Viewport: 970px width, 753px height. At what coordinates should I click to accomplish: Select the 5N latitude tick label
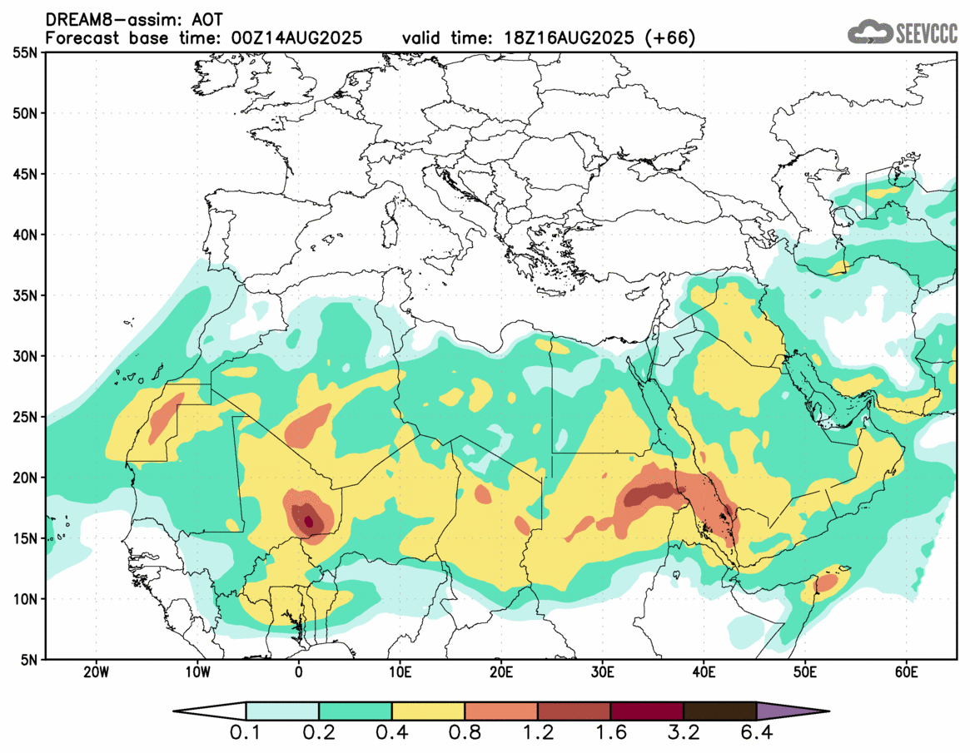(27, 660)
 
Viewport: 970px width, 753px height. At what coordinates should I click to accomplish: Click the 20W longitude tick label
(97, 671)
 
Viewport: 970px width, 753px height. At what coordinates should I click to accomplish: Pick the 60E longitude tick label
(906, 671)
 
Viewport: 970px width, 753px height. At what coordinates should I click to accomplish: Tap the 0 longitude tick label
(299, 671)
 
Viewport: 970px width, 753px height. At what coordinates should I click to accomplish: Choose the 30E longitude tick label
(603, 671)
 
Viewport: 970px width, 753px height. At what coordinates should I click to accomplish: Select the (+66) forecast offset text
(670, 38)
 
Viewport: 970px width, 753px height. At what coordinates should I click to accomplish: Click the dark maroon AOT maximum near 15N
(309, 522)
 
